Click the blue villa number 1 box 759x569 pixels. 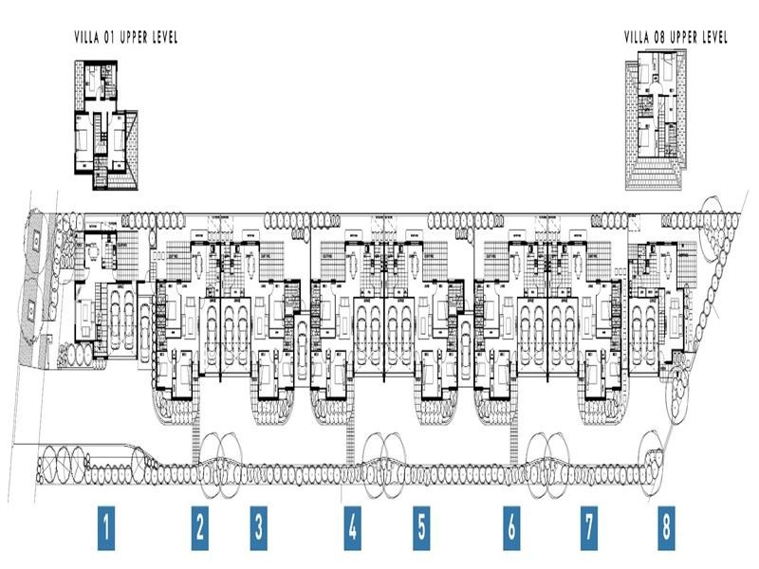click(109, 528)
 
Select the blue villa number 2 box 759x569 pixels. click(199, 528)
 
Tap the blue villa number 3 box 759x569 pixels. click(258, 528)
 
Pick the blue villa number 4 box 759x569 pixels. click(353, 528)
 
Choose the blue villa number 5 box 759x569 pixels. click(421, 528)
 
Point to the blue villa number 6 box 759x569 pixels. click(511, 528)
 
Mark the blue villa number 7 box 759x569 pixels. click(588, 528)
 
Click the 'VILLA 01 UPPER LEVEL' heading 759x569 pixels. click(126, 38)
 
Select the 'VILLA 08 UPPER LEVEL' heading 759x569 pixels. click(676, 38)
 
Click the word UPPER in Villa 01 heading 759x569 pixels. click(134, 38)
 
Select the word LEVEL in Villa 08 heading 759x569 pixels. click(713, 38)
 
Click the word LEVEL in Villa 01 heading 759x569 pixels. click(163, 38)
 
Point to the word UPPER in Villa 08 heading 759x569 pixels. click(683, 38)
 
